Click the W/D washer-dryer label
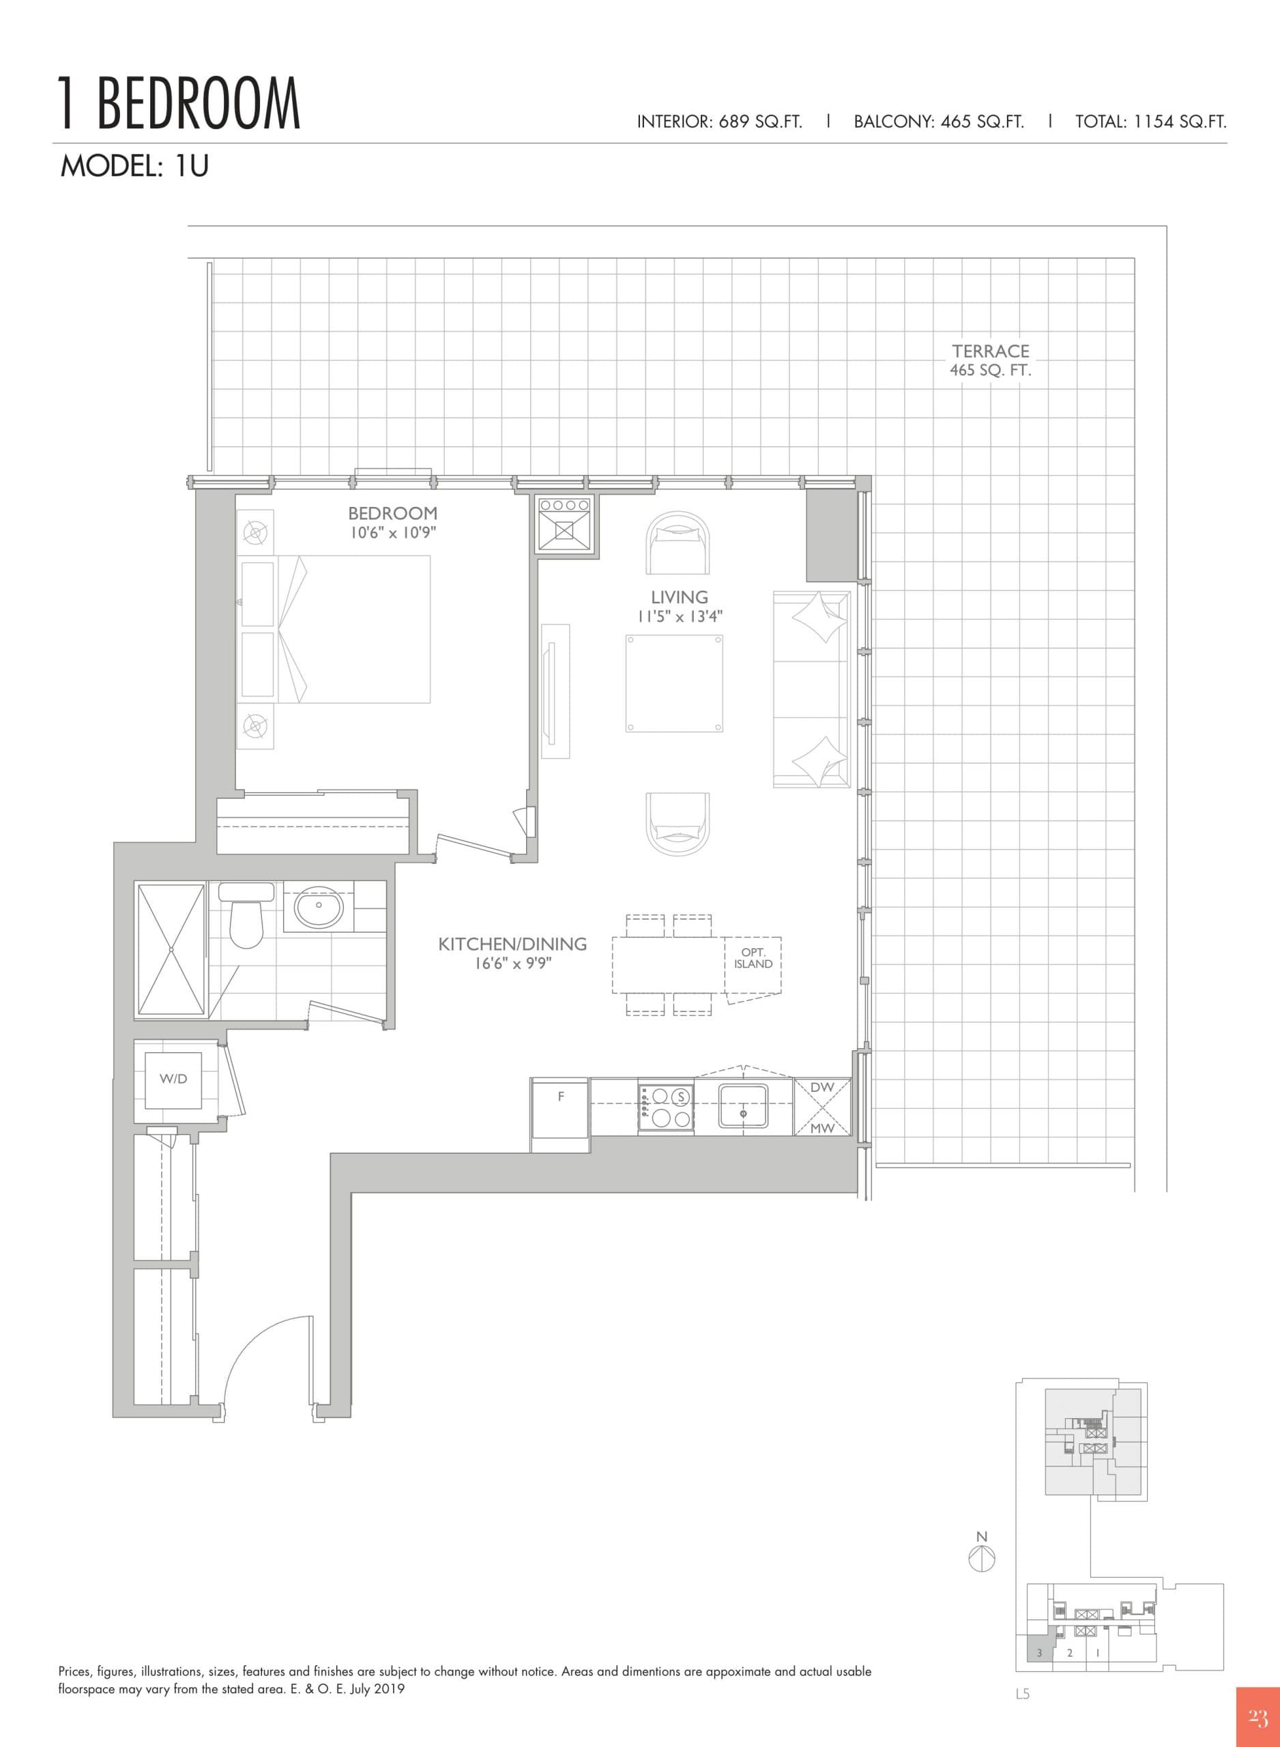click(173, 1079)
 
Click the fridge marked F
click(561, 1107)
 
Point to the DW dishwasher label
click(822, 1088)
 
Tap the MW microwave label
click(822, 1128)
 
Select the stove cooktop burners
click(665, 1108)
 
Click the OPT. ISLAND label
click(753, 958)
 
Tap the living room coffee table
click(674, 683)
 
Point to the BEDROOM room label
click(393, 513)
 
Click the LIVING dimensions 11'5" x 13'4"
click(680, 617)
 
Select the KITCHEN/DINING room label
click(512, 944)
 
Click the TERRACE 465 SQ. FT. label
click(990, 360)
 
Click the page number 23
click(1257, 1717)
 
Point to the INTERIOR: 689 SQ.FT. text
click(719, 121)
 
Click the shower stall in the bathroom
click(171, 949)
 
